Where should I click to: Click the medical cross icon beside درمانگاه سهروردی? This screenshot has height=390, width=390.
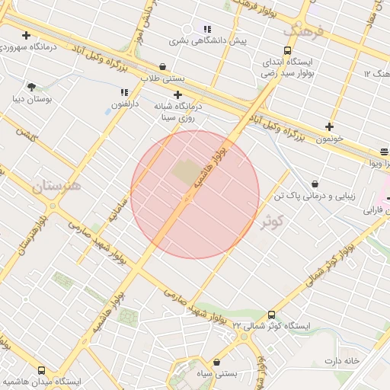coord(27,35)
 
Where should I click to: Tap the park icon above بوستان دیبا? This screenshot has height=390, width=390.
coord(31,87)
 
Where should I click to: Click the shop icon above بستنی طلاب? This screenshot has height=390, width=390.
coord(163,67)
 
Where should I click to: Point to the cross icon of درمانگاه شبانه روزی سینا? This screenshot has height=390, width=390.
coord(177,95)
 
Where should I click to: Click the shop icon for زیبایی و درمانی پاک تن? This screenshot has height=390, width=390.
coord(315,184)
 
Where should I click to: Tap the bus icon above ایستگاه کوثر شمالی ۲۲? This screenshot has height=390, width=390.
coord(272,315)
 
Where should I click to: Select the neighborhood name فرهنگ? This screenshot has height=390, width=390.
coord(303,31)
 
